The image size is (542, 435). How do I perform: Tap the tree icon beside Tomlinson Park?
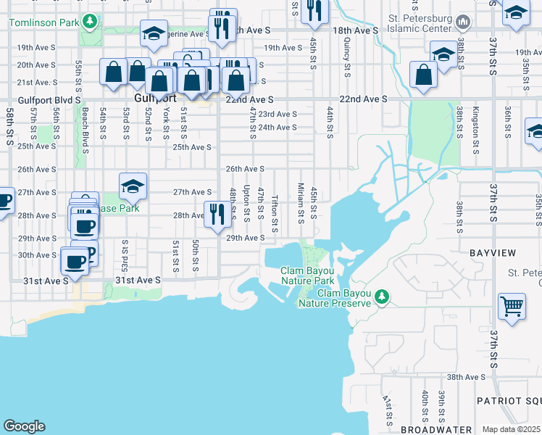pyautogui.click(x=90, y=22)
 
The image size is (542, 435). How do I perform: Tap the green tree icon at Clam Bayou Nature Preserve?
pyautogui.click(x=385, y=296)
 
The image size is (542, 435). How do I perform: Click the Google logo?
pyautogui.click(x=25, y=426)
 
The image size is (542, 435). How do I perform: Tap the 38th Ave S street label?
pyautogui.click(x=466, y=378)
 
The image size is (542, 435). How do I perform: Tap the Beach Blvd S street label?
pyautogui.click(x=85, y=131)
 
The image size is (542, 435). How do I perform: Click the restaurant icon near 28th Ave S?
pyautogui.click(x=217, y=213)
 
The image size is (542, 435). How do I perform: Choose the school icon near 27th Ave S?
pyautogui.click(x=133, y=188)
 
